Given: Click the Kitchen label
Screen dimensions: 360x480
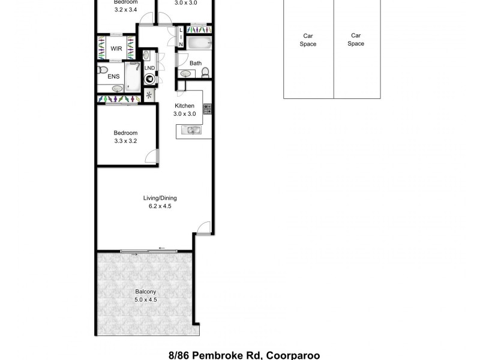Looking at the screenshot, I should (184, 106).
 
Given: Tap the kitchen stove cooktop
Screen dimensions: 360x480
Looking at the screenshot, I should (208, 109).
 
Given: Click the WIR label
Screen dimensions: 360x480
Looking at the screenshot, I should (116, 49).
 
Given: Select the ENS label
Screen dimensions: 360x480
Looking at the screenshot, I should (113, 76).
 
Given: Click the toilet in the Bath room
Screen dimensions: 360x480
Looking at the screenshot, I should (205, 73).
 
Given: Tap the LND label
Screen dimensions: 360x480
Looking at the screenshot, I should (149, 68).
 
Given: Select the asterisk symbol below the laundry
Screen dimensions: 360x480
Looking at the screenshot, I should (149, 95).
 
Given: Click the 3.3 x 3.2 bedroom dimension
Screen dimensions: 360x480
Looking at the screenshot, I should (127, 141).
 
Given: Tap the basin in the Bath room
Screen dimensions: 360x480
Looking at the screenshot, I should (186, 73).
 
